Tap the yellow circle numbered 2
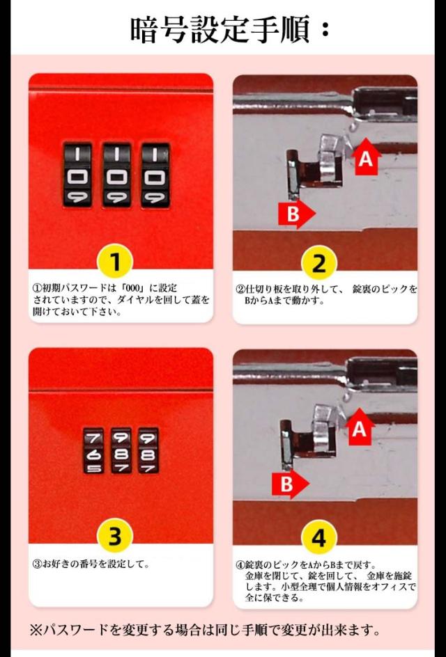pyautogui.click(x=319, y=263)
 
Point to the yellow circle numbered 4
pyautogui.click(x=319, y=537)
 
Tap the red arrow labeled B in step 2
pyautogui.click(x=296, y=214)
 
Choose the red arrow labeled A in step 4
pyautogui.click(x=360, y=427)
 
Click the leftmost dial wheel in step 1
pyautogui.click(x=77, y=175)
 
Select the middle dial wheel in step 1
pyautogui.click(x=116, y=175)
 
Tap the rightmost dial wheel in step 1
pyautogui.click(x=155, y=175)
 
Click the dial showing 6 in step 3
pyautogui.click(x=93, y=451)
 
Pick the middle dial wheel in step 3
pyautogui.click(x=121, y=451)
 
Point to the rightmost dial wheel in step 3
pyautogui.click(x=148, y=451)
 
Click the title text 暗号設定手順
pyautogui.click(x=222, y=29)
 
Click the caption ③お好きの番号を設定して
pyautogui.click(x=91, y=564)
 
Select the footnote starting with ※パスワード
pyautogui.click(x=205, y=629)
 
